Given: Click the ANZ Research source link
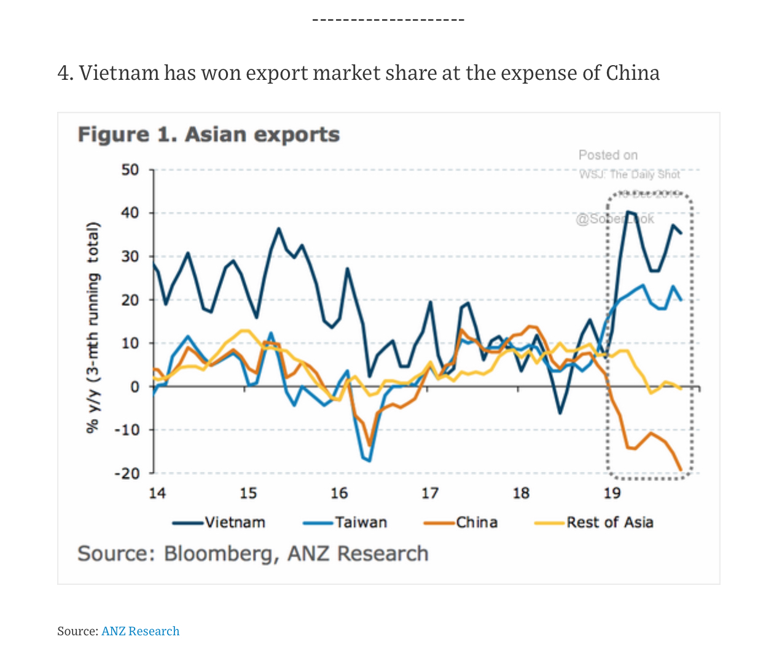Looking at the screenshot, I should coord(140,631).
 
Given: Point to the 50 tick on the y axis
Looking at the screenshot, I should coord(130,170).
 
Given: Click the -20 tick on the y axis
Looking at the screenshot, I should coord(127,473).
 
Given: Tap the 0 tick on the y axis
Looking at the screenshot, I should coord(135,386).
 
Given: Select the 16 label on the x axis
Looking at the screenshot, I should coord(339,493).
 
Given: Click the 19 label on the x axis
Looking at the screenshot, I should coord(612,493).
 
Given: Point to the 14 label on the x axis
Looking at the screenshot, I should coord(157,493).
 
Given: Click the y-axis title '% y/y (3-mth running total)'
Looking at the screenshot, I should coord(93,327).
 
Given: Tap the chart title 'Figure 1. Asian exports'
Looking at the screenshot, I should coord(209,135).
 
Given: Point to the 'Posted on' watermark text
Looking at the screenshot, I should coord(608,155).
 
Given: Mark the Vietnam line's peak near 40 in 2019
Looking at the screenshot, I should coord(627,211).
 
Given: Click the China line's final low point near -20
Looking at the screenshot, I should coord(681,470).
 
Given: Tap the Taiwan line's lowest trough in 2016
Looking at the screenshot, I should coord(369,461).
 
